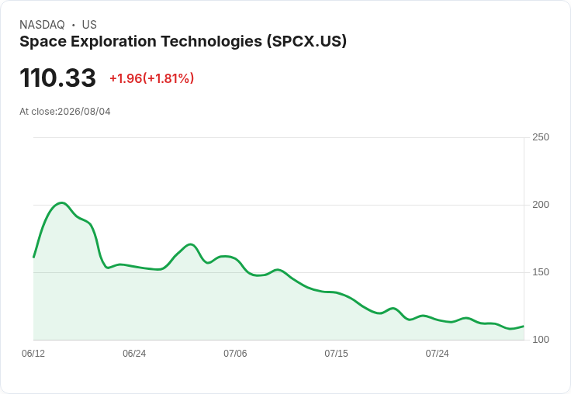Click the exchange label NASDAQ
click(42, 25)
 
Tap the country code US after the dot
click(89, 25)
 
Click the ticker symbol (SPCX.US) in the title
click(306, 41)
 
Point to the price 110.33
click(57, 78)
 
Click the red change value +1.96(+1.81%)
click(151, 78)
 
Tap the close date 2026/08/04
click(84, 112)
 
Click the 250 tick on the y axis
click(541, 137)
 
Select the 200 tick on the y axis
click(541, 205)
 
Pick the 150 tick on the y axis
click(541, 272)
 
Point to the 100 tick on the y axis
click(541, 340)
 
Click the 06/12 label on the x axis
click(33, 354)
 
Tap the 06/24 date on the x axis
click(134, 354)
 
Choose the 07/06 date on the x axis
click(235, 354)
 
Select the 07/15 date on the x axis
click(336, 354)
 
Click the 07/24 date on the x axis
click(438, 354)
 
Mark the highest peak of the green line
click(61, 203)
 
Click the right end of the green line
click(524, 326)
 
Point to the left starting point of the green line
click(33, 257)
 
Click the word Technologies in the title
click(211, 41)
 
